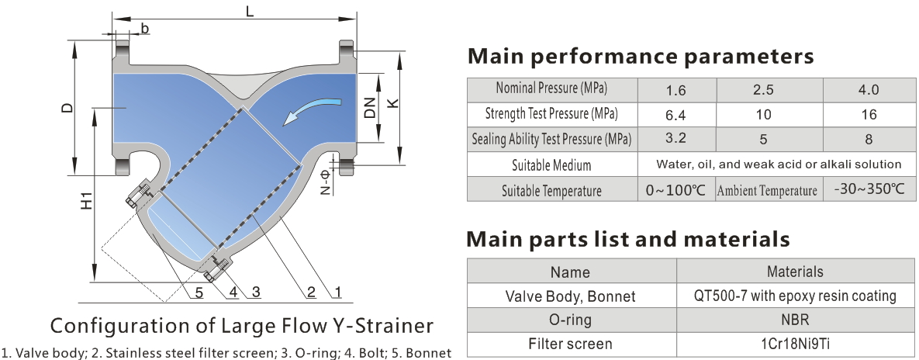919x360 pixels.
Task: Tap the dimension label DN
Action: tap(370, 108)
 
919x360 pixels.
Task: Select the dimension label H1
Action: tap(86, 199)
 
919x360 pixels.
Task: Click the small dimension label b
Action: tap(145, 29)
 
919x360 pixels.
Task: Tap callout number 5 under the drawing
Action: tap(199, 292)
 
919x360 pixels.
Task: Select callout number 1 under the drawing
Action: tap(338, 292)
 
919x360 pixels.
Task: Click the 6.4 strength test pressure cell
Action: tap(675, 115)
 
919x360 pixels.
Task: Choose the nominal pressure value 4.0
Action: tap(869, 90)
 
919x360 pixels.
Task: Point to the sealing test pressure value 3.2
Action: tap(675, 140)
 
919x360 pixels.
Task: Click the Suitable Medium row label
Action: tap(551, 165)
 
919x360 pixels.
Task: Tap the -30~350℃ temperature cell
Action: tap(869, 189)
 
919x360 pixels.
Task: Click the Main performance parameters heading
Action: tap(641, 56)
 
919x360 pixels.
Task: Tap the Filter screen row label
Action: tap(570, 344)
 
